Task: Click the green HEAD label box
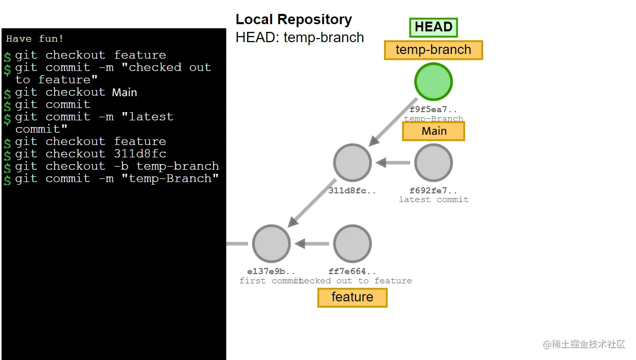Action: point(433,27)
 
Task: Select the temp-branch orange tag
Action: point(433,50)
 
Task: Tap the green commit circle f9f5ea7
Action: point(433,82)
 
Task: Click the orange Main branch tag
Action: point(433,131)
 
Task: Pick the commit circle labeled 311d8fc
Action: point(352,163)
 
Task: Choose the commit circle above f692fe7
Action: point(433,163)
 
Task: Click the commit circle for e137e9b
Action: point(271,244)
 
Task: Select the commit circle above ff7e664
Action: point(352,244)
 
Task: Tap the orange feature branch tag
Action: point(352,297)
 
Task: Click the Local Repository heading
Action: point(293,20)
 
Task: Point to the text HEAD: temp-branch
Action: point(299,38)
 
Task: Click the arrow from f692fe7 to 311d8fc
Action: point(393,163)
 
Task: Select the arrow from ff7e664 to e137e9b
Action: point(312,244)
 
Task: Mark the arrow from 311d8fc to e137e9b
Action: point(312,203)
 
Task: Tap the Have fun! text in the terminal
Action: point(35,39)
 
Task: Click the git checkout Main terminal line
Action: point(76,93)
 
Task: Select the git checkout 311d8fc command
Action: point(90,154)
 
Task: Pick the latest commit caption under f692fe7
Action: point(433,200)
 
